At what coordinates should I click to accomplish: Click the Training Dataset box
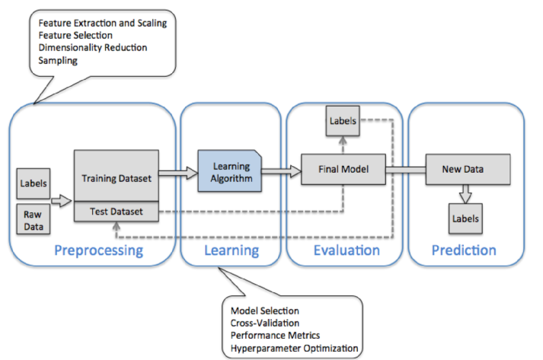pos(117,176)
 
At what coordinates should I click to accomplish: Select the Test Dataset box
pos(117,212)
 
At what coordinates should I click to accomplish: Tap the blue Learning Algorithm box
pos(229,170)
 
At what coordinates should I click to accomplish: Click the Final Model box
pos(343,169)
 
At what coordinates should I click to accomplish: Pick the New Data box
pos(468,169)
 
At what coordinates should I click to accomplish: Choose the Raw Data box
pos(34,219)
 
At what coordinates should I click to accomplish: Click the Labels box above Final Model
pos(343,121)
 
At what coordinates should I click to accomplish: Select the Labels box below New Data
pos(465,218)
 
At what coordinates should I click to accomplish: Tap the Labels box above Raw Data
pos(34,183)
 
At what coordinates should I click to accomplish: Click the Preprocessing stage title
pos(99,250)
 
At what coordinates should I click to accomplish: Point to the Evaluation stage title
pos(347,250)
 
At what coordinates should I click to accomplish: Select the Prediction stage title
pos(464,250)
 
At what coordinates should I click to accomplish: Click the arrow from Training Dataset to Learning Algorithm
pos(178,173)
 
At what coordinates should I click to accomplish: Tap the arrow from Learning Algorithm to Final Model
pos(281,171)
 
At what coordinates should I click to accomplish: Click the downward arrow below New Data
pos(465,194)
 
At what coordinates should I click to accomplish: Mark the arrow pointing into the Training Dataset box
pos(61,201)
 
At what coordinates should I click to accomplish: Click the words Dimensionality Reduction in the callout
pos(93,47)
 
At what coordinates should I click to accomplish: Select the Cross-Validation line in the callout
pos(265,323)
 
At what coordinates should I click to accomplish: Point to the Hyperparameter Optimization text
pos(295,349)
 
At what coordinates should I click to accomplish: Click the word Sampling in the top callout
pos(58,61)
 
